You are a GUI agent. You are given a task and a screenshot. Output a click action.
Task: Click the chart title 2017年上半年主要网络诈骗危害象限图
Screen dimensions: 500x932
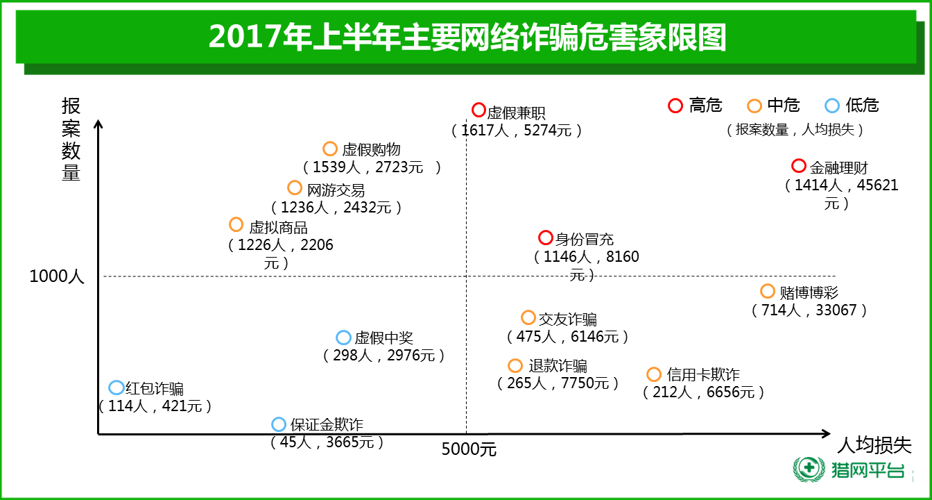pyautogui.click(x=467, y=37)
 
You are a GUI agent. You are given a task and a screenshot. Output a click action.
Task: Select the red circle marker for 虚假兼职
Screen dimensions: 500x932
pyautogui.click(x=478, y=110)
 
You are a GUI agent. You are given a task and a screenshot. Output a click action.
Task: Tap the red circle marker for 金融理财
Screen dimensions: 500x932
pyautogui.click(x=799, y=166)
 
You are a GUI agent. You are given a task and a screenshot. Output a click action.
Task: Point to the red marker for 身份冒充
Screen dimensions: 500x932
pyautogui.click(x=546, y=237)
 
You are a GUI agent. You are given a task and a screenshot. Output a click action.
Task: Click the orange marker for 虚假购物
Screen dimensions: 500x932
pyautogui.click(x=330, y=149)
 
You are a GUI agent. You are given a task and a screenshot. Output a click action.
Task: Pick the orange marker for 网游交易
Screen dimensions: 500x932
pyautogui.click(x=295, y=187)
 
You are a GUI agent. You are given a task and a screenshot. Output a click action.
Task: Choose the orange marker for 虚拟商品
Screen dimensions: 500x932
pyautogui.click(x=236, y=224)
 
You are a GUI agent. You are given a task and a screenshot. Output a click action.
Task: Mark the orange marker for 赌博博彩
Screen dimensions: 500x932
pyautogui.click(x=768, y=291)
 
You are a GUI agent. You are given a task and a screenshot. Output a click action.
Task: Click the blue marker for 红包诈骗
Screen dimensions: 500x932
pyautogui.click(x=116, y=387)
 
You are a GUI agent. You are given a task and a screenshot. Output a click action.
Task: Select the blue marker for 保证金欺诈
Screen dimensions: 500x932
pyautogui.click(x=279, y=424)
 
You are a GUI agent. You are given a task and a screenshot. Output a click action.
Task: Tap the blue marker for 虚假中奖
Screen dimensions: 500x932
pyautogui.click(x=344, y=337)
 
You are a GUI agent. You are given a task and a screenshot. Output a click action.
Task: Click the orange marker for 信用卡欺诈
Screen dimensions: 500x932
pyautogui.click(x=654, y=374)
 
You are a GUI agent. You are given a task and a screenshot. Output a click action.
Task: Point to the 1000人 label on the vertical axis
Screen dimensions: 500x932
pyautogui.click(x=57, y=276)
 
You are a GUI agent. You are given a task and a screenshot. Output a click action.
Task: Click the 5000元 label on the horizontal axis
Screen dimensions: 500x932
pyautogui.click(x=469, y=449)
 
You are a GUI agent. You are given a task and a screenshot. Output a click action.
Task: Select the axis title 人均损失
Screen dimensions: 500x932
pyautogui.click(x=874, y=445)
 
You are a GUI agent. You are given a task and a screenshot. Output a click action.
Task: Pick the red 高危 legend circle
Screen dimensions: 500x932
pyautogui.click(x=675, y=106)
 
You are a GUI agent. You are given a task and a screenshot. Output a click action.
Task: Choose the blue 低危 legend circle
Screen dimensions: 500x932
pyautogui.click(x=832, y=106)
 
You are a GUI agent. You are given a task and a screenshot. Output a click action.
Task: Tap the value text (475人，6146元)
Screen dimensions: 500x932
pyautogui.click(x=568, y=337)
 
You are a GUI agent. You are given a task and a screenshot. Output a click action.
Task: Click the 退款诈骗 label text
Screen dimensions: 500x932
pyautogui.click(x=558, y=365)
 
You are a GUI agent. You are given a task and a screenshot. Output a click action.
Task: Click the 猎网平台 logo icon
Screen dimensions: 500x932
pyautogui.click(x=807, y=469)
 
